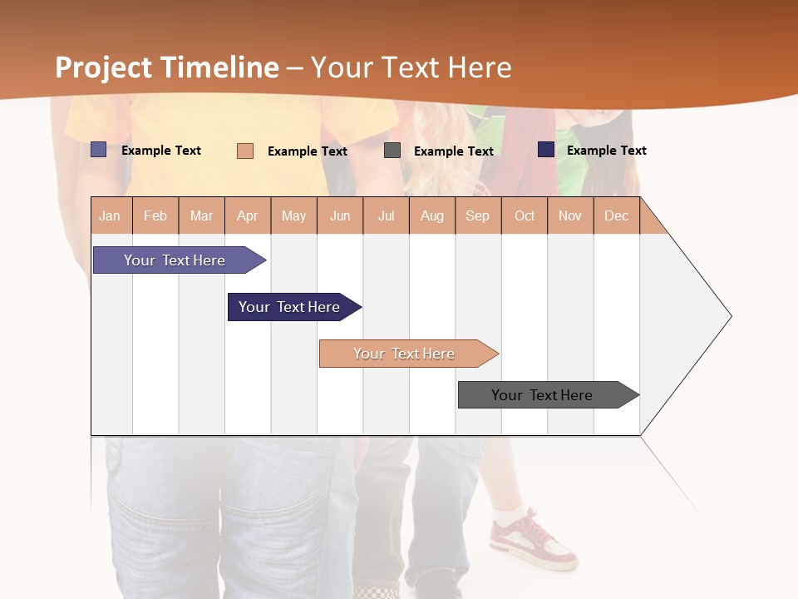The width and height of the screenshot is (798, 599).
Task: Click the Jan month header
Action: pos(110,215)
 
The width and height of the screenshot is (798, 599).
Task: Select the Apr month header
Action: pos(247,215)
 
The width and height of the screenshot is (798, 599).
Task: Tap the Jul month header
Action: pos(386,215)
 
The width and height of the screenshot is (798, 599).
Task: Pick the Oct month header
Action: pos(525,215)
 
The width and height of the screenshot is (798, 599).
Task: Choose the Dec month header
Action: pos(616,215)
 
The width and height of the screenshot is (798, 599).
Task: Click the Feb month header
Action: pos(155,215)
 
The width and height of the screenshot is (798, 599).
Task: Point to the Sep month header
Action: pos(477,215)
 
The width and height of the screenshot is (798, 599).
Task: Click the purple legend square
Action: pos(99,150)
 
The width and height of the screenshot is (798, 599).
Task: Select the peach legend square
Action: pos(245,151)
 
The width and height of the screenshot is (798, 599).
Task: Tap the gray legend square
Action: pos(392,151)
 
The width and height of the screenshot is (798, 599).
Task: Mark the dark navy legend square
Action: pos(546,150)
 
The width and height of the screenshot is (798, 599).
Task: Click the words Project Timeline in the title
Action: pos(167,67)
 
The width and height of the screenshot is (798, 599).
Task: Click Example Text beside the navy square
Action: pos(606,151)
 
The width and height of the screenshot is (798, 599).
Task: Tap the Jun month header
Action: pos(340,215)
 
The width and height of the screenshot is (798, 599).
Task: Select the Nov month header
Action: pos(570,215)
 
